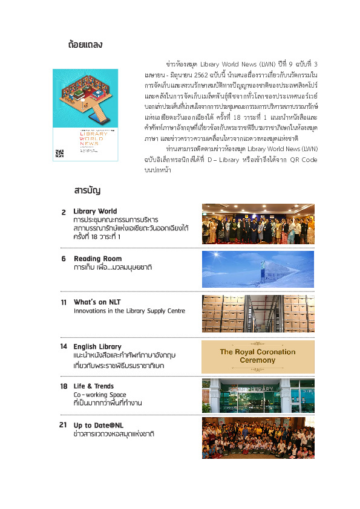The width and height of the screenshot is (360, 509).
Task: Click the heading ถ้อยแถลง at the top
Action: pos(86,44)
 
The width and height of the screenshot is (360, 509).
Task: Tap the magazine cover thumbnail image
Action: pos(85,115)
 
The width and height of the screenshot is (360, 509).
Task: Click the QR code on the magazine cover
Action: pos(59,153)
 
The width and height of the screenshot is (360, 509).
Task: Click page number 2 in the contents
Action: pos(64,212)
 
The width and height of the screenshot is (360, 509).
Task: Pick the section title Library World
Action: pos(95,211)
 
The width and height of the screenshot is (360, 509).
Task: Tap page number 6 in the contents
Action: pos(64,259)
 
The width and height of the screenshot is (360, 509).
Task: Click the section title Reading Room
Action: pos(97,259)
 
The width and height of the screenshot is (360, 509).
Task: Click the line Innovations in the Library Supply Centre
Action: pos(129,311)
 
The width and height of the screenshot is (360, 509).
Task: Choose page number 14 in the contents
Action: pos(64,346)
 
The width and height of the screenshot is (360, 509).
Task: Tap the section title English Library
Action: pos(97,346)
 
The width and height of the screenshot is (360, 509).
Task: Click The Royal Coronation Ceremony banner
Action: pos(258,356)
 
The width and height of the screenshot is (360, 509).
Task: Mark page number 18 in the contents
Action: pos(64,386)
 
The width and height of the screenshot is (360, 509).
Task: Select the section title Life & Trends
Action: pos(94,386)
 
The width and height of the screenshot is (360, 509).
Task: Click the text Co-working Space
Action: pos(100,394)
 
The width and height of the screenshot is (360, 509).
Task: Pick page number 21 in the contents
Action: pos(63,426)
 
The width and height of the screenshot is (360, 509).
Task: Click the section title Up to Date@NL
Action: pos(99,426)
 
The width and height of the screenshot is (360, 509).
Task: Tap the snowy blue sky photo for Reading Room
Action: pos(258,270)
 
